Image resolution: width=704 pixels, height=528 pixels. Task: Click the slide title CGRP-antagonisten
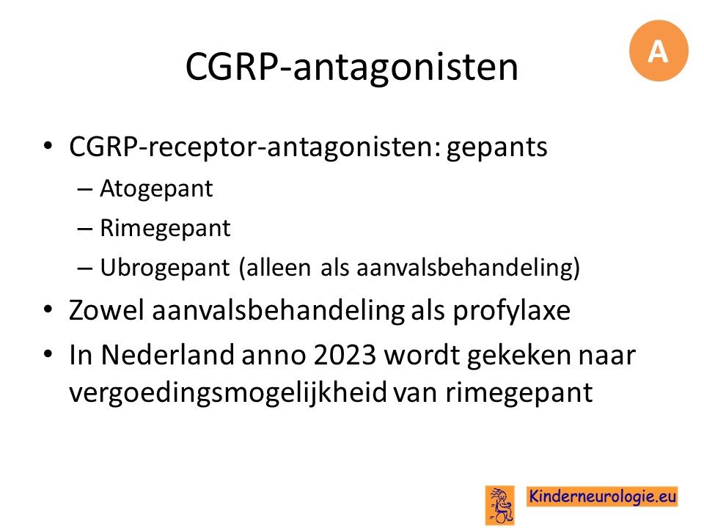(x=351, y=67)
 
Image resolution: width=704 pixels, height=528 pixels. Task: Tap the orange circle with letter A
(x=659, y=51)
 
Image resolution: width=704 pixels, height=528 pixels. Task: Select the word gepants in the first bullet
(x=496, y=147)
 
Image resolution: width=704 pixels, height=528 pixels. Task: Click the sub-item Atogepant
(x=155, y=189)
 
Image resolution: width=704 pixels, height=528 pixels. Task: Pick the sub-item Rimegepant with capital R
(x=165, y=229)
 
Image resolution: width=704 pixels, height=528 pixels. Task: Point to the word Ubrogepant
(x=165, y=268)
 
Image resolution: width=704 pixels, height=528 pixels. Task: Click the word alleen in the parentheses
(x=279, y=268)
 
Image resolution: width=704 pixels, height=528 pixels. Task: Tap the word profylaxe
(x=511, y=311)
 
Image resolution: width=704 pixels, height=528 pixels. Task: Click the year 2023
(x=345, y=355)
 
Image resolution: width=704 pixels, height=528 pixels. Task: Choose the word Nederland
(x=167, y=355)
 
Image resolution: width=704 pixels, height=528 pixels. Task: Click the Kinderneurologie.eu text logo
(x=602, y=496)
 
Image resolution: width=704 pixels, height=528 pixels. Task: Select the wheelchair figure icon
(x=499, y=505)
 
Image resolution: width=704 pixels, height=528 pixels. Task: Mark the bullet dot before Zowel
(x=48, y=309)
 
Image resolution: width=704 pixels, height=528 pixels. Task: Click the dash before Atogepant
(x=84, y=190)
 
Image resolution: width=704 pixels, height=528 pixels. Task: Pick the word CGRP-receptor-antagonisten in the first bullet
(x=255, y=147)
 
